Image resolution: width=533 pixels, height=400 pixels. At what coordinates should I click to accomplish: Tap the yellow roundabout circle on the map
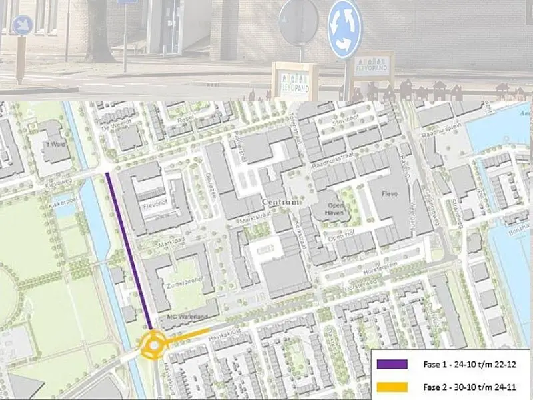point(153,346)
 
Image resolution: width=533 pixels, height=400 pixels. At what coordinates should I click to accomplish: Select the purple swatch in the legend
point(392,365)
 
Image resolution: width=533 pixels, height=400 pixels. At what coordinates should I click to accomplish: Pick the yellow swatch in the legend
point(392,386)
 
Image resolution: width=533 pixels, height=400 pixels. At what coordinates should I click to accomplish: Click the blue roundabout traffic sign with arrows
point(344,29)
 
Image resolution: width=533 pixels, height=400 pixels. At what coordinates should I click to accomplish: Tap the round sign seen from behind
point(298,23)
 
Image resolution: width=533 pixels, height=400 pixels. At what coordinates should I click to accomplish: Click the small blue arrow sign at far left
point(23,25)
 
